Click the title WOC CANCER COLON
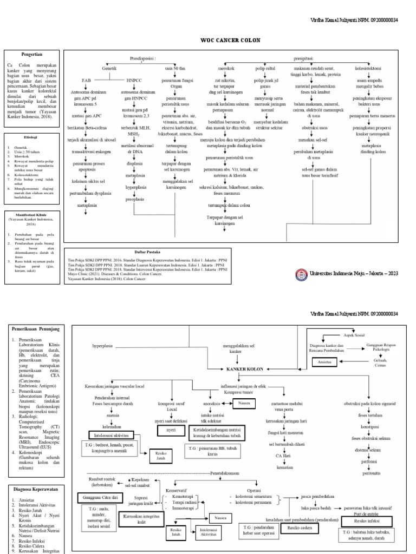click(207, 39)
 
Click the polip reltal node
click(265, 69)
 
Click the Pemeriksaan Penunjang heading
click(38, 328)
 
